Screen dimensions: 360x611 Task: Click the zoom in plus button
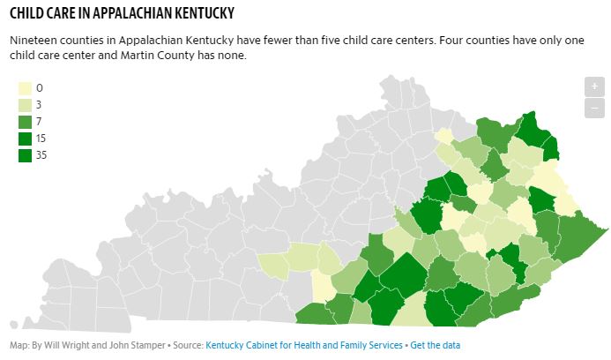pos(594,86)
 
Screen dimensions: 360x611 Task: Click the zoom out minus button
pos(594,108)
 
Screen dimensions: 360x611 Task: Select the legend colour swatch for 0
pos(26,88)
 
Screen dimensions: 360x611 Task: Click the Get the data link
pos(435,345)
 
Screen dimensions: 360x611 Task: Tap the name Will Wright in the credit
pos(66,345)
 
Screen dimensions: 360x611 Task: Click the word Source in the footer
pos(186,345)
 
